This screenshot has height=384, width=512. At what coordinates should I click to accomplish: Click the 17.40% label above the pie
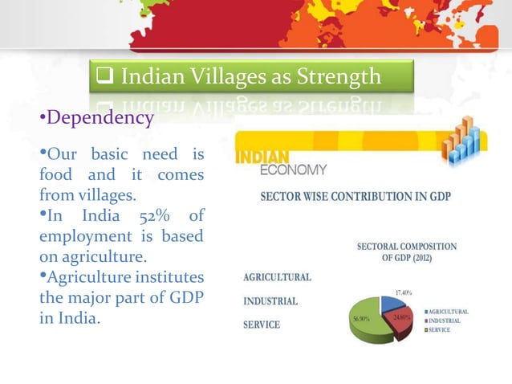tap(404, 292)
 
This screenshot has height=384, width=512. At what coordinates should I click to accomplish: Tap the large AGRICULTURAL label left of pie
tap(277, 277)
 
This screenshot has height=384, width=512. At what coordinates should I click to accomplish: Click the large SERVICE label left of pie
tap(262, 325)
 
